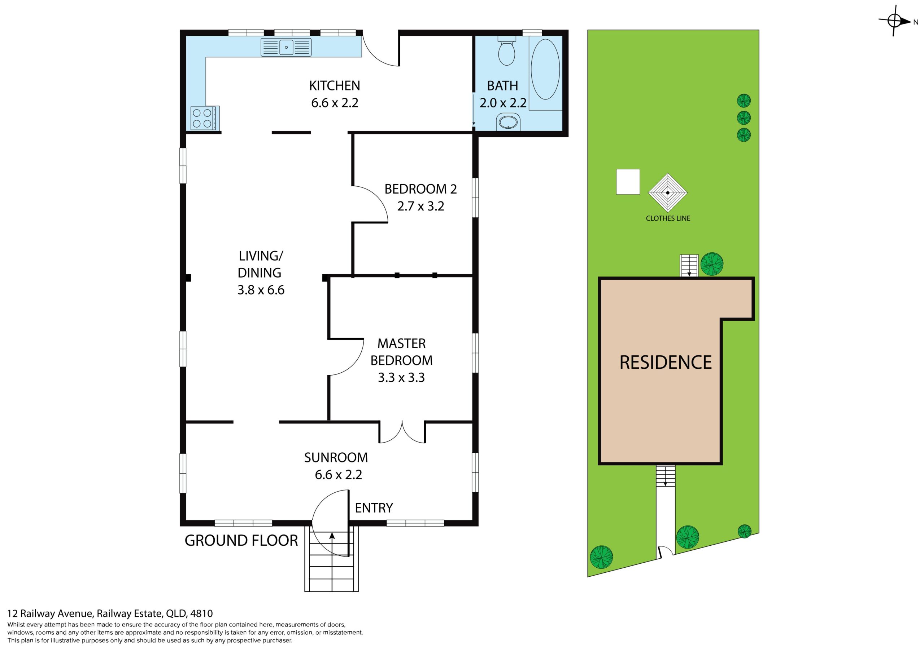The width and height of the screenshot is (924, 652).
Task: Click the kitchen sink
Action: [286, 47]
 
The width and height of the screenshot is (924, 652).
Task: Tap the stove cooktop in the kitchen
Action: [205, 118]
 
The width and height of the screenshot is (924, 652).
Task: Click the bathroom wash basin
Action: [508, 122]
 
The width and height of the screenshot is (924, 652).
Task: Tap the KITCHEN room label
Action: [335, 86]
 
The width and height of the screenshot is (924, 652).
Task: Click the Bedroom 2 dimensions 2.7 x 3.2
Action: [420, 206]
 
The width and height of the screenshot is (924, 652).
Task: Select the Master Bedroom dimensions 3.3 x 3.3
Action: [401, 378]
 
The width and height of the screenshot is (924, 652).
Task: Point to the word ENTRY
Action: [374, 508]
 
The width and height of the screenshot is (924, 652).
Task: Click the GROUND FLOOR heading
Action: [241, 541]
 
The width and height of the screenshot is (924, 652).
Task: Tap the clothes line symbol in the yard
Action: [668, 193]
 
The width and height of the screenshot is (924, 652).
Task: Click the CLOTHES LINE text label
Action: [668, 218]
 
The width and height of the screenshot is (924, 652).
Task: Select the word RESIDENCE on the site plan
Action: [666, 362]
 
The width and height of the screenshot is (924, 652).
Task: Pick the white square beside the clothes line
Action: [628, 182]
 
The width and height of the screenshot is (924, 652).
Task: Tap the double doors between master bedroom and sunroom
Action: [402, 432]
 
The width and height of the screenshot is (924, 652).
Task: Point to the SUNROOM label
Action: [336, 457]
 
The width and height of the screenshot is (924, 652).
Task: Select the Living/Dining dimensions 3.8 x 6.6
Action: [261, 290]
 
